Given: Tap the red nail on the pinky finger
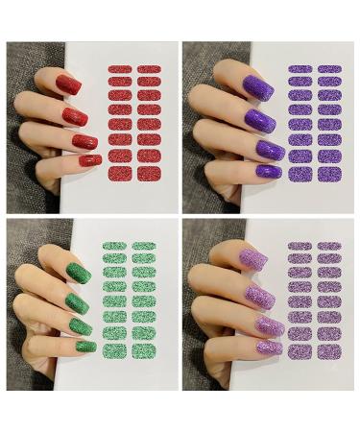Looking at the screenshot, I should click(89, 159).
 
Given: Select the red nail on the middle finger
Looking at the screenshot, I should click(76, 117).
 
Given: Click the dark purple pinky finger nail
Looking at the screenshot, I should click(270, 171).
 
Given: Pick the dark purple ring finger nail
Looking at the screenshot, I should click(270, 149).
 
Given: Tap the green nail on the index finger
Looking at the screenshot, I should click(79, 273).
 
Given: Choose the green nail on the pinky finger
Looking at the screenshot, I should click(85, 345).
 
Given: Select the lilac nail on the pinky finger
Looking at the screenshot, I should click(270, 347).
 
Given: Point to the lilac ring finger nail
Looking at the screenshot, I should click(270, 325).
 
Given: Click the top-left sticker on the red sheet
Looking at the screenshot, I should click(120, 69).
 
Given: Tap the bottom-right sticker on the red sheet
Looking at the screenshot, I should click(149, 174).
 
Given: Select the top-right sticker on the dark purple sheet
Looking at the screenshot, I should click(329, 69).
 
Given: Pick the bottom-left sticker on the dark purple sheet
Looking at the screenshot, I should click(300, 175).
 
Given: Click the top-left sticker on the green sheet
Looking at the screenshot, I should click(115, 247).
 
